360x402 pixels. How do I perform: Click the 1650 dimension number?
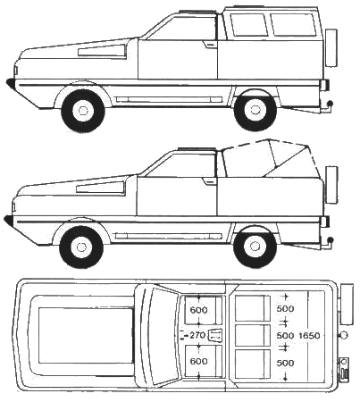tap(309, 336)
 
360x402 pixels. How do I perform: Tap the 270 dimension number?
tap(197, 335)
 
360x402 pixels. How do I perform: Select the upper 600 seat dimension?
tap(198, 310)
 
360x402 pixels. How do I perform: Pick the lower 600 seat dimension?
tap(198, 361)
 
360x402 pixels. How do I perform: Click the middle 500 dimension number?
tap(285, 336)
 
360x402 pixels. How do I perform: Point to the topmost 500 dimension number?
tap(285, 309)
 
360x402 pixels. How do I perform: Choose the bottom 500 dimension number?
tap(285, 363)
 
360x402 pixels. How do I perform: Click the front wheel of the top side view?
tap(83, 111)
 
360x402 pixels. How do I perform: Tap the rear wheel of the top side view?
tap(255, 110)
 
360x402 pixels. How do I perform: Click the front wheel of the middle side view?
tap(81, 247)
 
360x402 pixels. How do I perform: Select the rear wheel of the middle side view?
tap(255, 247)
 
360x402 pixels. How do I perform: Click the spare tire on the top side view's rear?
tap(331, 47)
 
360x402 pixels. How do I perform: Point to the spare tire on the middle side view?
tap(331, 185)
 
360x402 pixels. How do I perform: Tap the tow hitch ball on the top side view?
tap(330, 104)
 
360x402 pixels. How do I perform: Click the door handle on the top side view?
tap(210, 45)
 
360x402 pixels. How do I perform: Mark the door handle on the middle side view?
tap(208, 181)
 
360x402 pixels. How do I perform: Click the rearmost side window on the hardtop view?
tap(293, 25)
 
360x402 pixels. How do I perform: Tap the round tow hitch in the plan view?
tap(344, 335)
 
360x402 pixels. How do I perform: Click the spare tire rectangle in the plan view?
tap(347, 305)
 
